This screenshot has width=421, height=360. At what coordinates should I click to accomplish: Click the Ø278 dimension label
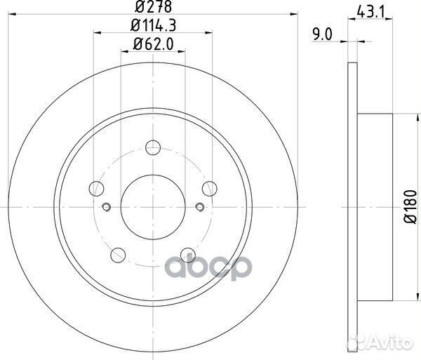tap(153, 7)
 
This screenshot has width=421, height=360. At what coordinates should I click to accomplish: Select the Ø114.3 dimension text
tap(153, 25)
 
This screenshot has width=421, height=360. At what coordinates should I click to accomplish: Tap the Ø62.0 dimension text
tap(153, 44)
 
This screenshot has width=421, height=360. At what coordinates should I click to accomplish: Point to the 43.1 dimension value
tap(370, 12)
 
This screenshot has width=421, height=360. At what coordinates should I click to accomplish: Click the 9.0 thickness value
tap(322, 34)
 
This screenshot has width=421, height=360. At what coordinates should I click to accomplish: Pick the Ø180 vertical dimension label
tap(410, 207)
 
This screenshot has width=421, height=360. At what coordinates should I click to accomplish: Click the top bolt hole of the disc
tap(153, 147)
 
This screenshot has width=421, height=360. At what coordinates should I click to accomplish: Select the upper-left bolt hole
tap(96, 189)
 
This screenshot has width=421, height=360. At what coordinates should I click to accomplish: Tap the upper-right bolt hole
tap(209, 189)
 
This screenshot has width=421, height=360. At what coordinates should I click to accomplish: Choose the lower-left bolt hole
tap(118, 255)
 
